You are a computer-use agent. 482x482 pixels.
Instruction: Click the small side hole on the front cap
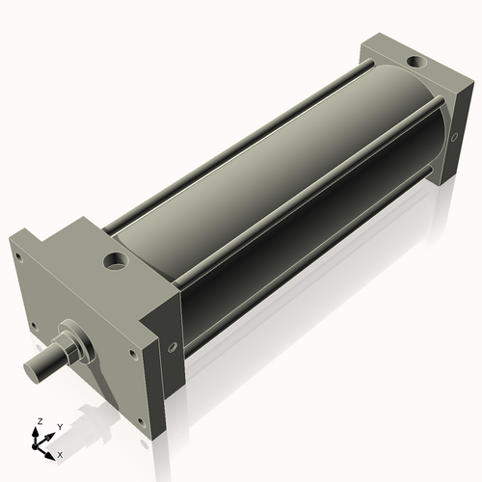[172, 347]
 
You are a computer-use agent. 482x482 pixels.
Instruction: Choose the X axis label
[61, 453]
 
